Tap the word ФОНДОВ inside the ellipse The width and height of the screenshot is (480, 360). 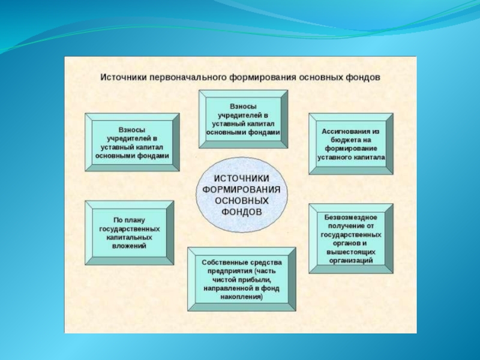[242, 212]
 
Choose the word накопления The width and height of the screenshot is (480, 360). [241, 297]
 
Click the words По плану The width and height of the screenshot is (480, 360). [130, 220]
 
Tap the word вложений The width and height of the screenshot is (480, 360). [130, 247]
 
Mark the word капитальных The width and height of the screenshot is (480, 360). [130, 238]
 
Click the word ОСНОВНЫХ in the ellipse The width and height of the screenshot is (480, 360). [242, 202]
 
